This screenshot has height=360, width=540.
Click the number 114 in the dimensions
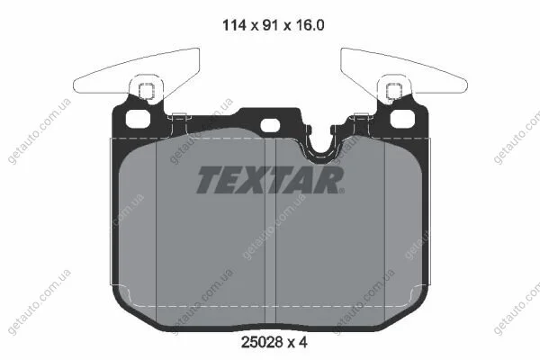click(x=235, y=25)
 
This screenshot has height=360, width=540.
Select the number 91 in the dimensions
click(x=270, y=25)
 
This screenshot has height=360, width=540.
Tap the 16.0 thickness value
click(x=309, y=25)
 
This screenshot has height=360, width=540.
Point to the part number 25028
click(x=262, y=342)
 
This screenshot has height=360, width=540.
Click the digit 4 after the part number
click(x=302, y=342)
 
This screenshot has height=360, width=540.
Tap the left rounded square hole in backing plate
click(x=138, y=119)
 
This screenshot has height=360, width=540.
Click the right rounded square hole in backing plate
click(x=402, y=119)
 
